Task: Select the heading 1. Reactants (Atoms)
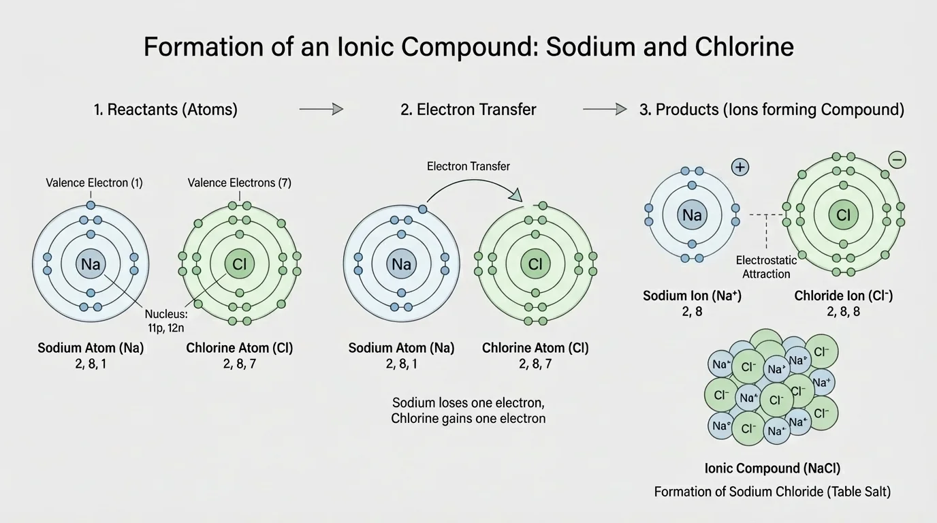165,109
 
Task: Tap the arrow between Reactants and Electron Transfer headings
321,109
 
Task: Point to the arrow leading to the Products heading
605,109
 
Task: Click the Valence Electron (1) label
94,183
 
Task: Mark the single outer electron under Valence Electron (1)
91,205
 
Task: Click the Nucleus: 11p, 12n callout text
166,321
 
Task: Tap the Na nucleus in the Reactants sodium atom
91,264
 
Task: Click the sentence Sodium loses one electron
469,402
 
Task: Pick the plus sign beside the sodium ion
740,168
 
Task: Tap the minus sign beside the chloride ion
898,160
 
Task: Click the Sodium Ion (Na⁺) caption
692,296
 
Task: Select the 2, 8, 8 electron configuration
843,311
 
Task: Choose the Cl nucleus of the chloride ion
843,215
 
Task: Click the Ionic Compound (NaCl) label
772,469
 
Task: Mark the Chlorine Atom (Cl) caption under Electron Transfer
535,348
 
